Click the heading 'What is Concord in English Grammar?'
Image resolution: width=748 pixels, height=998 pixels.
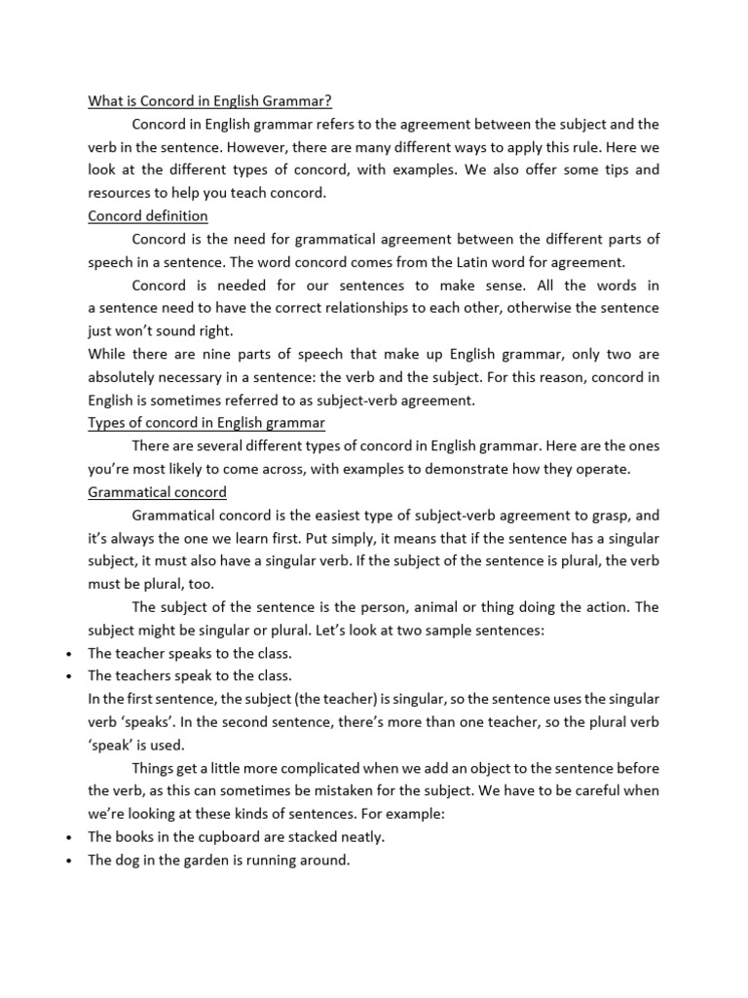tap(210, 100)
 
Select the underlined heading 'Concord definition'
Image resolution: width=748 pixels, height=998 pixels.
tap(148, 215)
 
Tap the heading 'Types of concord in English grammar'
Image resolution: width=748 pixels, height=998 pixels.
tap(206, 422)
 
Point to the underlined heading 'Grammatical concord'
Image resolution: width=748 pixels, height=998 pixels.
tap(157, 492)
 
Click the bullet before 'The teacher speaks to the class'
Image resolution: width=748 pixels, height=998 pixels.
tap(62, 653)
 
